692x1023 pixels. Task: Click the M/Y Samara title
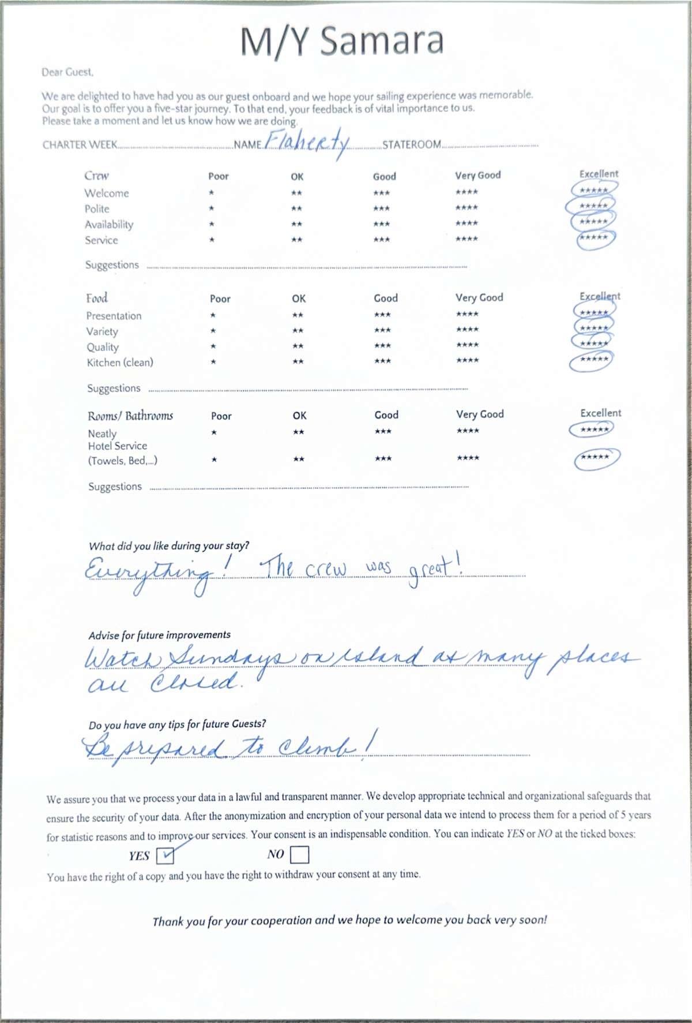point(342,42)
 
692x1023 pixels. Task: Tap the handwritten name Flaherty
point(308,142)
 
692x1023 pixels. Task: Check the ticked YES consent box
point(165,855)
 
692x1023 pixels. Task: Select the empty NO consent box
point(300,854)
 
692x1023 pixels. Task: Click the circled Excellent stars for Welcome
point(594,190)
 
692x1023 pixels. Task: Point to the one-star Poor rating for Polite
point(212,208)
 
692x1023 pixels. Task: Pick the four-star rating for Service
point(467,239)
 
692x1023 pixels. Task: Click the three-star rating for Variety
point(382,330)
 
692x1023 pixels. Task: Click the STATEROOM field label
point(412,144)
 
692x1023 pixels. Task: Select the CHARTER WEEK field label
point(80,145)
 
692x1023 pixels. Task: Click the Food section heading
point(97,298)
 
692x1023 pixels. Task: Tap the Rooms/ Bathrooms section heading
point(130,416)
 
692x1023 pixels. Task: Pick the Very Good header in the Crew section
point(477,176)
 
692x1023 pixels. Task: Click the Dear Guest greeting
point(67,72)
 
